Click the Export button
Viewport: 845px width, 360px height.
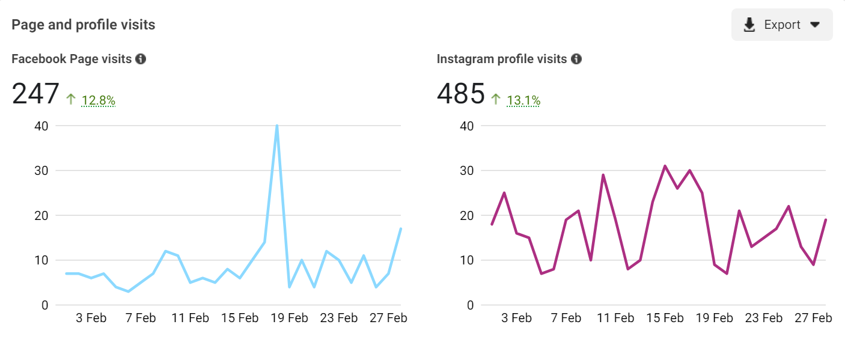(x=781, y=25)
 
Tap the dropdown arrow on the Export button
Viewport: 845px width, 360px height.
(x=815, y=25)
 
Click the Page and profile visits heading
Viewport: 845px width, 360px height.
(x=84, y=25)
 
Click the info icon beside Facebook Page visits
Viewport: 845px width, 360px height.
(x=141, y=59)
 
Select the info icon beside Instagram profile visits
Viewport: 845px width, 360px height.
(x=576, y=59)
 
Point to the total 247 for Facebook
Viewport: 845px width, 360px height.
(x=35, y=94)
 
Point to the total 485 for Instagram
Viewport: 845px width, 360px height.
(x=460, y=94)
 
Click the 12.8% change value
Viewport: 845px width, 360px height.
(x=98, y=101)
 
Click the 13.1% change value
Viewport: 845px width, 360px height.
(x=523, y=101)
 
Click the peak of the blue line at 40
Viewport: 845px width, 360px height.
(x=276, y=126)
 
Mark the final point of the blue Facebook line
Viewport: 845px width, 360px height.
(x=400, y=228)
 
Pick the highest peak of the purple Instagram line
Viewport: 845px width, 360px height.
(x=665, y=166)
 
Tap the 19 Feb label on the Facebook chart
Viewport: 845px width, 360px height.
(x=289, y=318)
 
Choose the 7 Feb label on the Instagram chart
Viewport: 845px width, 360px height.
(x=566, y=318)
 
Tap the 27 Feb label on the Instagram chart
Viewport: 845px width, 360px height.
(x=814, y=318)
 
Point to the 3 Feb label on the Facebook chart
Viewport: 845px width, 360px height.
(x=91, y=318)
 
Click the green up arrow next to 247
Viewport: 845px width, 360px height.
(x=71, y=100)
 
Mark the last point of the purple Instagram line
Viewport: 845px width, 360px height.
(x=826, y=220)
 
